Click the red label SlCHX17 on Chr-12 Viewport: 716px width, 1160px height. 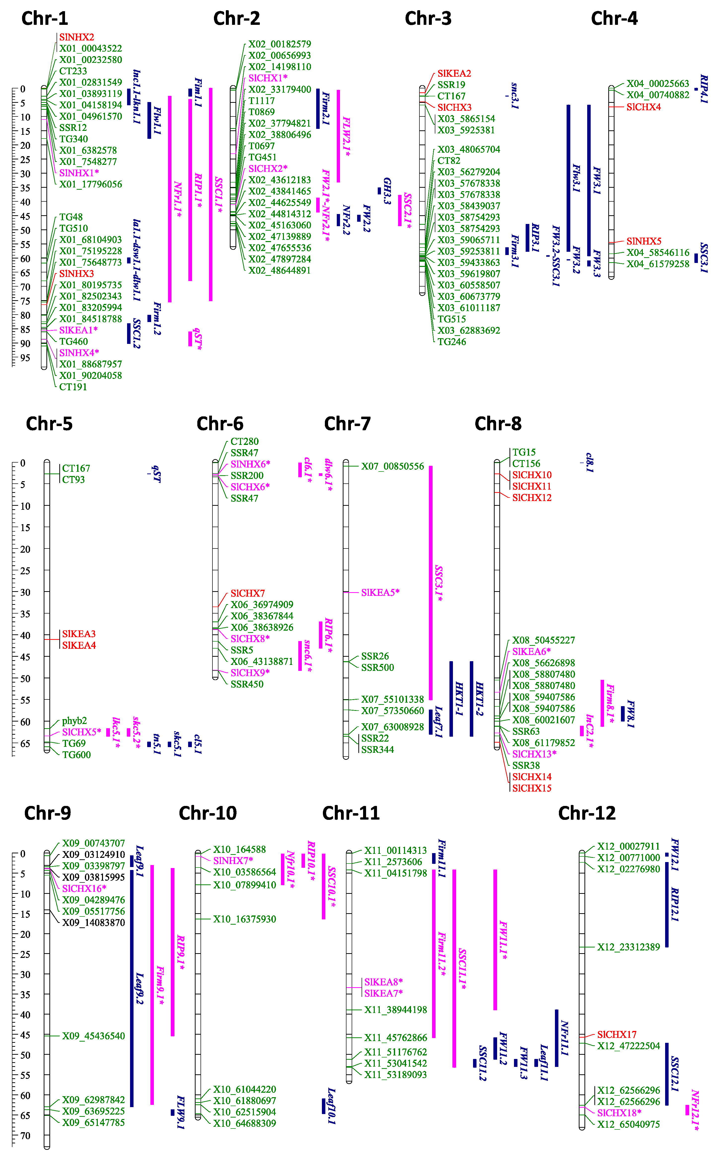616,1034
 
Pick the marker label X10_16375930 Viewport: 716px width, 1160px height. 244,919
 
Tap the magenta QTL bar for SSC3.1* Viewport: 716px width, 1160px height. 430,582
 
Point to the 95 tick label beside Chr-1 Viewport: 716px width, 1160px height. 25,358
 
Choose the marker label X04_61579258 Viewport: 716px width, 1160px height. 658,264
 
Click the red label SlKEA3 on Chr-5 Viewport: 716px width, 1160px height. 79,634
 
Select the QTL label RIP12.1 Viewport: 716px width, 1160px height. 675,905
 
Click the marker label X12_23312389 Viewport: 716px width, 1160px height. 628,947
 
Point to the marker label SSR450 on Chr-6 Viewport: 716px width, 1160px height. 247,684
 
